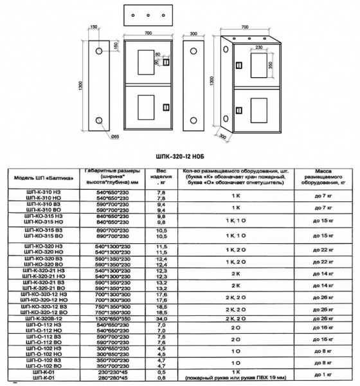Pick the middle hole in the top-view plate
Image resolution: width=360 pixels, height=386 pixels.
tap(148, 15)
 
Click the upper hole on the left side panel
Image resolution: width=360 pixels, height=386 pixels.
tap(99, 50)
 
